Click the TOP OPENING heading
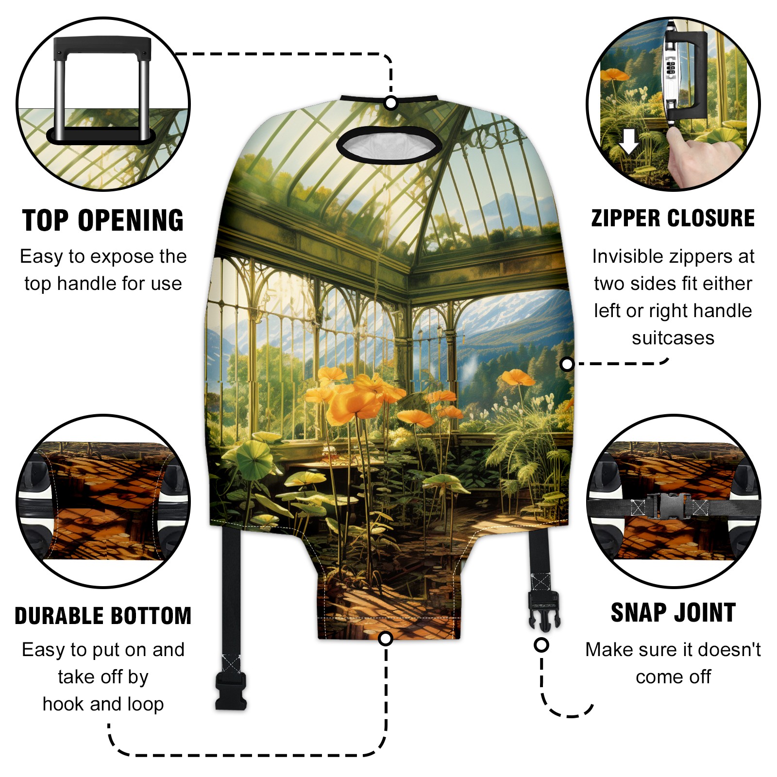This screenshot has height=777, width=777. [103, 220]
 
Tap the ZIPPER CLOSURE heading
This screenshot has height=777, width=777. [673, 218]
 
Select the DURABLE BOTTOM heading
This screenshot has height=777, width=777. [103, 616]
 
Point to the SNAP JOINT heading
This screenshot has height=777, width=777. [673, 612]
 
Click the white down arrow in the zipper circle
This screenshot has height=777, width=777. [629, 142]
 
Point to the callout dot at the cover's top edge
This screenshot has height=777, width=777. [391, 103]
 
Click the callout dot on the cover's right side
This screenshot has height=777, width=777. [567, 364]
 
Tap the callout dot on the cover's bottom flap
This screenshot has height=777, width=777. [386, 639]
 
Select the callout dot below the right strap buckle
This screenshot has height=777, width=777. [541, 645]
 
